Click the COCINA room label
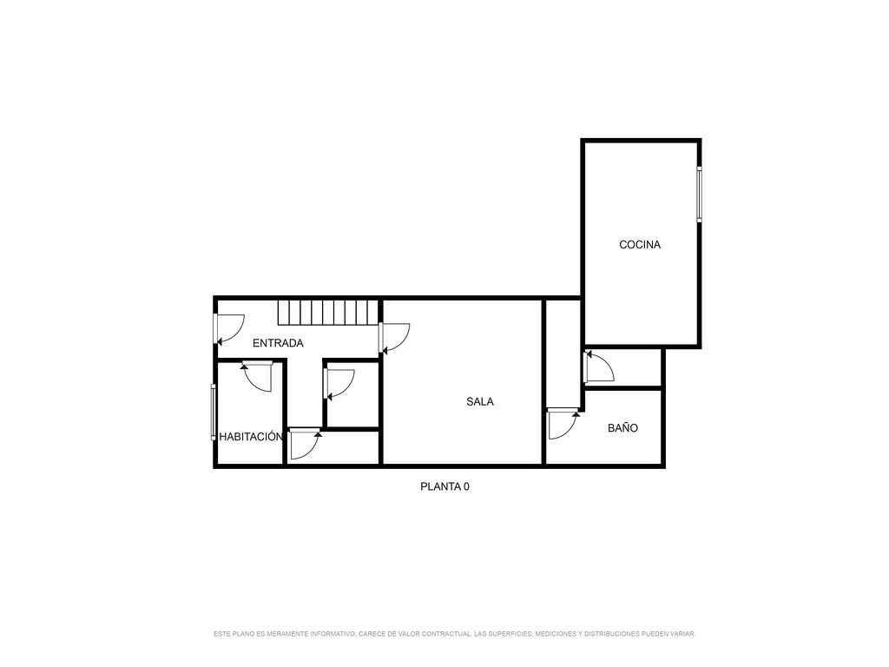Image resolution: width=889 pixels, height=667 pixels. coord(640,244)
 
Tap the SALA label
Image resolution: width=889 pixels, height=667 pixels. coord(479,401)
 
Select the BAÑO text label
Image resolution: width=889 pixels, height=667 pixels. coord(622,427)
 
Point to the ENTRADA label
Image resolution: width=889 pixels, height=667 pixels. coord(278,343)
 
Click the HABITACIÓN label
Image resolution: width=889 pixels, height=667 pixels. coord(251,437)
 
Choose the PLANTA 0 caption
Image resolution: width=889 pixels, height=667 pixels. coord(444,486)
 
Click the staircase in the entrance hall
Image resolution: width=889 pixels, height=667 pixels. coord(327,313)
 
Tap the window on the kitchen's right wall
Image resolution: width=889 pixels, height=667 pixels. coord(699,194)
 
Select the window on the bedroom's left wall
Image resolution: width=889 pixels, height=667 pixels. coord(214,412)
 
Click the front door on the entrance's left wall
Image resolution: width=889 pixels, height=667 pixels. coord(229,329)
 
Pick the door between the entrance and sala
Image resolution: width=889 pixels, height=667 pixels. coord(394,338)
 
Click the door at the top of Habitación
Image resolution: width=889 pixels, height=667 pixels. coord(256,376)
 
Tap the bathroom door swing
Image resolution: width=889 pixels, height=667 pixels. coord(563,424)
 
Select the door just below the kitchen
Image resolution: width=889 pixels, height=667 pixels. coord(599,367)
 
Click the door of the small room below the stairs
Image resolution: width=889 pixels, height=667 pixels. coord(339,385)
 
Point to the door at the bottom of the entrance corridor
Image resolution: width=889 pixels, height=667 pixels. coord(306,445)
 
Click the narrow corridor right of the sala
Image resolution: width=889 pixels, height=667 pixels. coord(563,353)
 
